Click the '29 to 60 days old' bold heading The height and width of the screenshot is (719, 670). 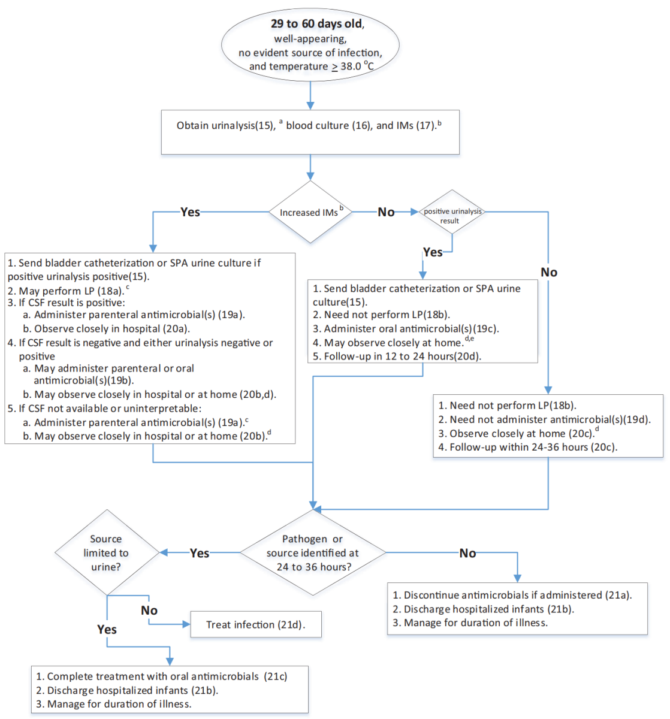316,24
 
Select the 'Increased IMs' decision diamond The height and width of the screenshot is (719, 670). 310,212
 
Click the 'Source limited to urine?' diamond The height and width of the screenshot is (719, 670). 107,552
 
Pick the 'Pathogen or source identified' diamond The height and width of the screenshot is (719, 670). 313,552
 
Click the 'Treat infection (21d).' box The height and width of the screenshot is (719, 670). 256,624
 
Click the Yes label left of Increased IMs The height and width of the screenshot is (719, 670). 190,212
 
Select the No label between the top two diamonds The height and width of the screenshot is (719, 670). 386,212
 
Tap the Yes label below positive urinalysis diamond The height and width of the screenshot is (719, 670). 433,252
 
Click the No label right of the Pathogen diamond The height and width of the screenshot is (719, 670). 467,553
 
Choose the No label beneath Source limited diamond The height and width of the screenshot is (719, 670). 149,610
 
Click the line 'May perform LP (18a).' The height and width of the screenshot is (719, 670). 70,291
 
